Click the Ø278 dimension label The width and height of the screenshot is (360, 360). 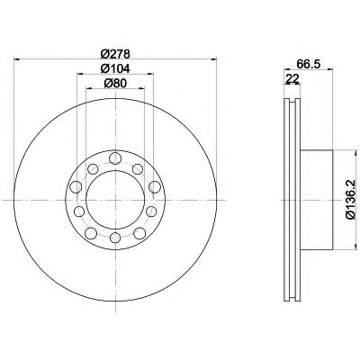115,54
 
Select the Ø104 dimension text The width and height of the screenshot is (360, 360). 115,68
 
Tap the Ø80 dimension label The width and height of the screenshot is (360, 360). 115,83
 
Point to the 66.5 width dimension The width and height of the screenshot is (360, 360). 309,64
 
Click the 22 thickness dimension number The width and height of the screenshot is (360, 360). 292,79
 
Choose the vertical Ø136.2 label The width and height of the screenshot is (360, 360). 351,200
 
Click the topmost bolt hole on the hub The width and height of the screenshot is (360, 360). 115,158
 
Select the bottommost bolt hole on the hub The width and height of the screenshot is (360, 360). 115,238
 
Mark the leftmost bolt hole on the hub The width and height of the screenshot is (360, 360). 76,187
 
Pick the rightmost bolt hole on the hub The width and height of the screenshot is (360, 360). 155,187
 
